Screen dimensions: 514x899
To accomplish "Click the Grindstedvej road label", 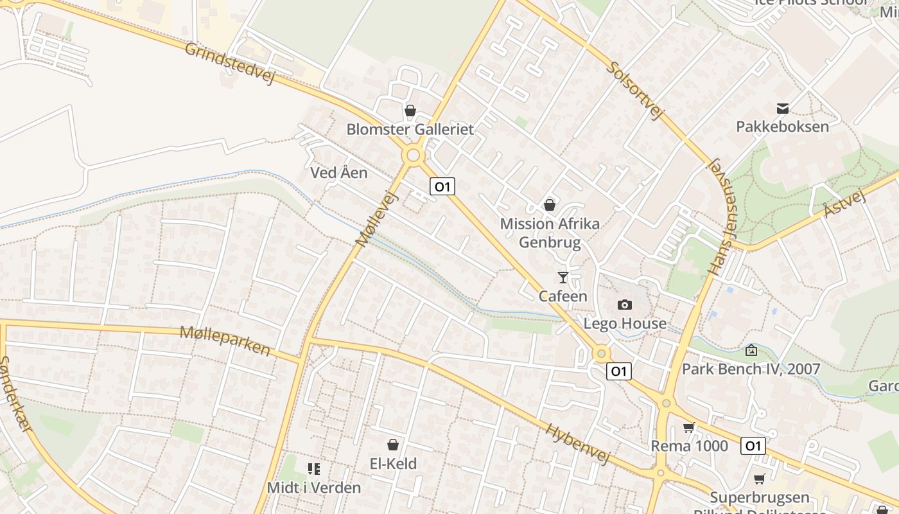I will point(229,63).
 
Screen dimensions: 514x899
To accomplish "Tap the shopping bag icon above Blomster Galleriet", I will point(410,111).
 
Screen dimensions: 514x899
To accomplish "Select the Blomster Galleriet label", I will point(410,129).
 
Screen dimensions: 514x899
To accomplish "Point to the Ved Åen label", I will point(339,172).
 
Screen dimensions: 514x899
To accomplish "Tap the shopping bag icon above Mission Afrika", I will point(550,205).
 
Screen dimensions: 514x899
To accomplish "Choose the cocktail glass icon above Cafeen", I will point(563,278).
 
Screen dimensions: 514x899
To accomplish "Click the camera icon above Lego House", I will point(625,305).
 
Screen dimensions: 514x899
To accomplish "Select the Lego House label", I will point(625,323).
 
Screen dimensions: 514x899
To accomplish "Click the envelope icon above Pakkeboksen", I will point(783,108).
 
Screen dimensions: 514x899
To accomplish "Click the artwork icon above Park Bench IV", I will point(751,350).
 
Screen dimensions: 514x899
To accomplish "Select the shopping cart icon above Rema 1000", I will point(689,427).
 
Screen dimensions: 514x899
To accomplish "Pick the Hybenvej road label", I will point(578,443).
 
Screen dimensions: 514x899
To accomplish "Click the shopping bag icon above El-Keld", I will point(393,445).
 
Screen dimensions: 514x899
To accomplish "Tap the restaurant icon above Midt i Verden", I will point(314,469).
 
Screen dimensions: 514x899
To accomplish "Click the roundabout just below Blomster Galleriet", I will point(413,155).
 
